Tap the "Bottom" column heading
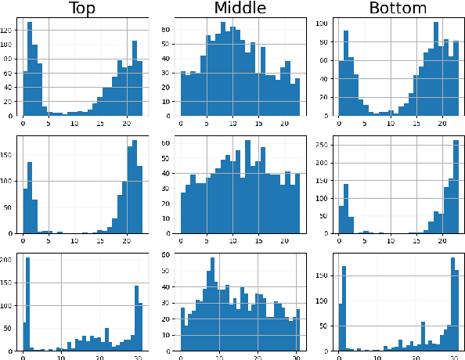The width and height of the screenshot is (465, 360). click(399, 9)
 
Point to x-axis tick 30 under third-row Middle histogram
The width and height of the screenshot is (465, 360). click(295, 357)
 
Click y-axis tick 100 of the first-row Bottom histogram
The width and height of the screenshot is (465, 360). click(322, 24)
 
